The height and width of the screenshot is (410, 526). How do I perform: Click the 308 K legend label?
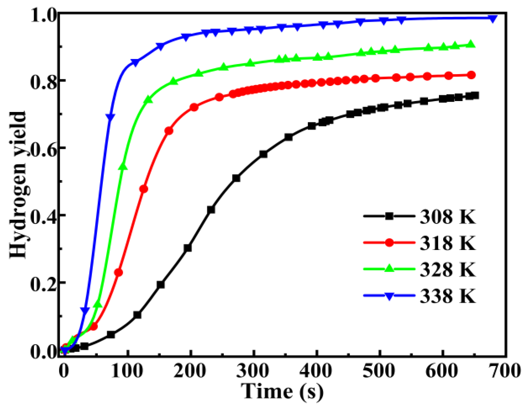pos(447,216)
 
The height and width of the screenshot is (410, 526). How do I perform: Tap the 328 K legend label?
pos(447,269)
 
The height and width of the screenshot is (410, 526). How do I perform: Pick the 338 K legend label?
pos(447,296)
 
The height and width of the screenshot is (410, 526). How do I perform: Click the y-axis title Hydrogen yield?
pos(18,185)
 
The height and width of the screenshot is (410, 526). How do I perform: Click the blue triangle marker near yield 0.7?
pos(111,117)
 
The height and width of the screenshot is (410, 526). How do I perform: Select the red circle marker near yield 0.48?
pos(144,189)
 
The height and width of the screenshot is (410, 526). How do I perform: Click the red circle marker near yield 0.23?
pos(119,272)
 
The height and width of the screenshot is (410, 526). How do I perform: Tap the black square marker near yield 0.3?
pos(188,248)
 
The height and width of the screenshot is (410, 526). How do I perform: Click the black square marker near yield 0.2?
pos(161,285)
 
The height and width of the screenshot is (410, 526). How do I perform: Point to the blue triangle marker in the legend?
pos(389,296)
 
